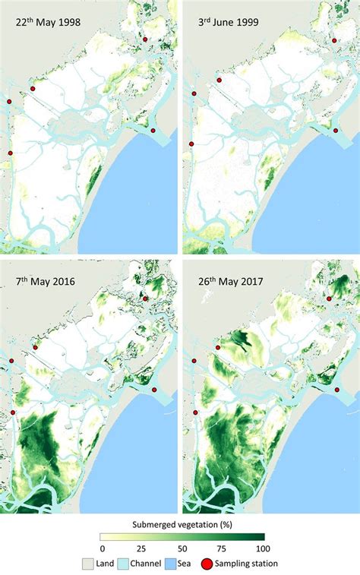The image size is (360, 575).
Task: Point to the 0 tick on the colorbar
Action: pyautogui.click(x=103, y=548)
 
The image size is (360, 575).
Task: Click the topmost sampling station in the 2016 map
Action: pyautogui.click(x=146, y=299)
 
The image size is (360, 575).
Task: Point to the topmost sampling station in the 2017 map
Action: pyautogui.click(x=329, y=299)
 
